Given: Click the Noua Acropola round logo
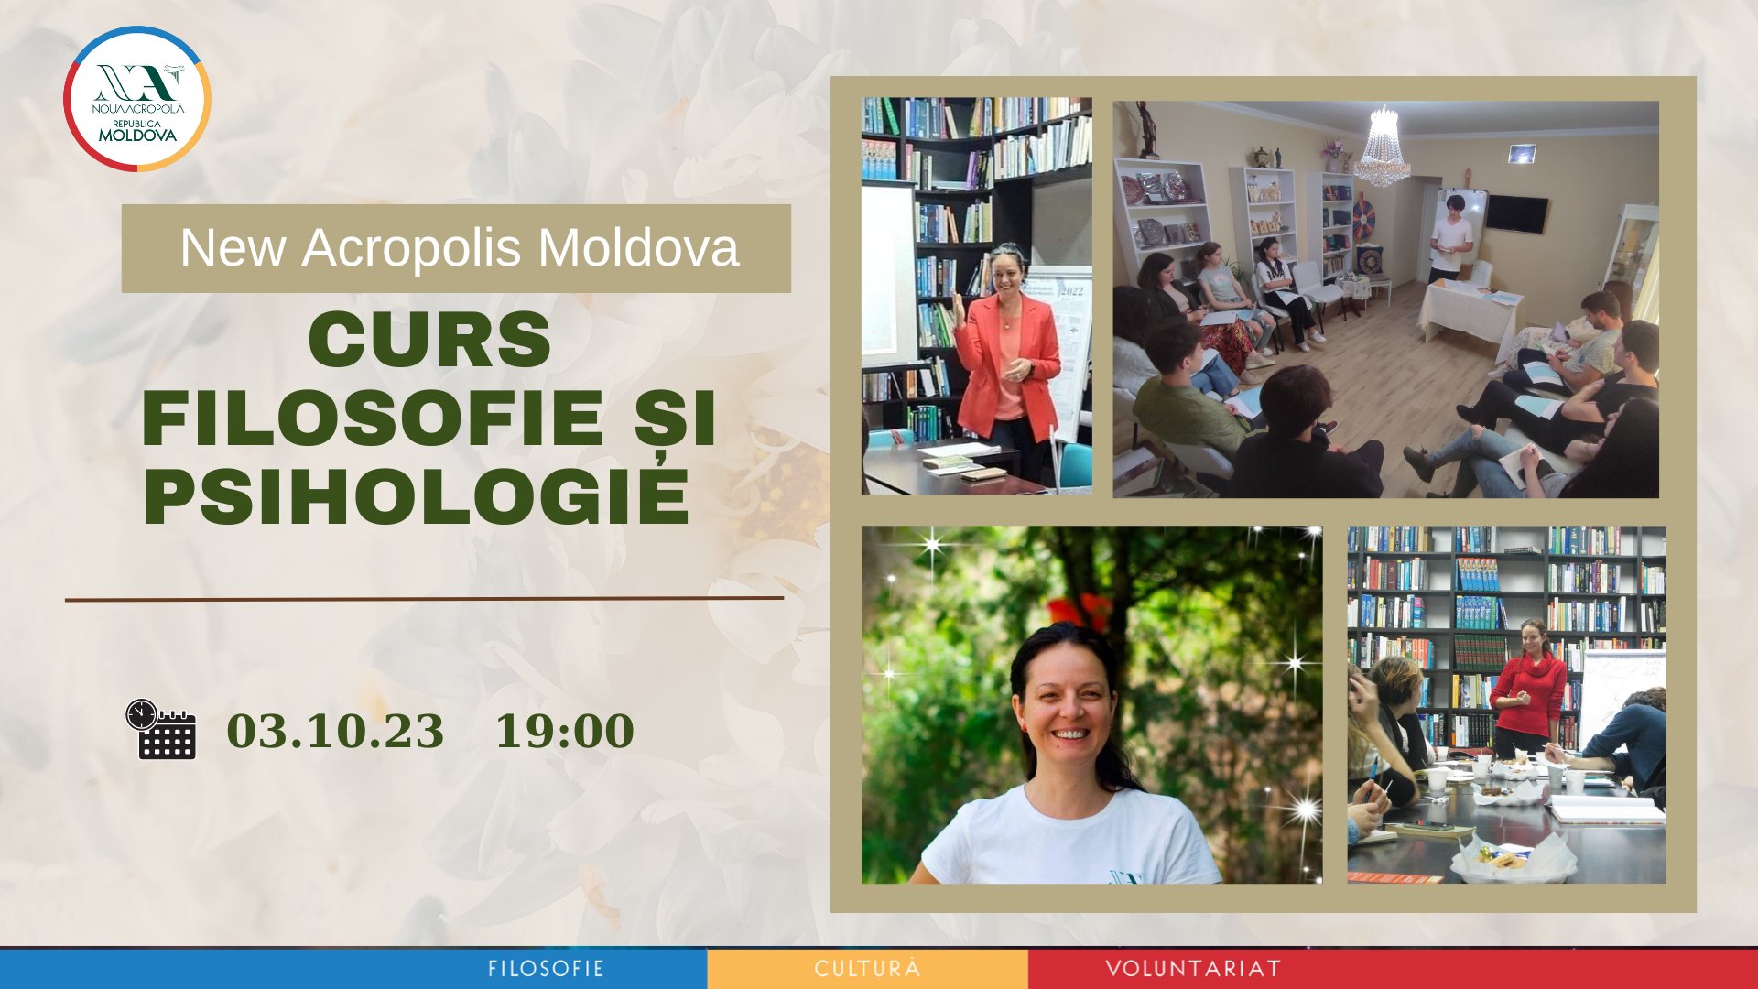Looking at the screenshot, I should coord(137,99).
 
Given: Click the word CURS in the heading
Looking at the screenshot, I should coord(429,340).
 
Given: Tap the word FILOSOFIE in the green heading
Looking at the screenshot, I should coord(372,418).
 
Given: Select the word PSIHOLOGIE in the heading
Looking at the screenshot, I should coord(417,497).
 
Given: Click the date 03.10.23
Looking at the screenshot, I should coord(335,731).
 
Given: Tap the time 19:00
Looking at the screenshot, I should coord(564,731).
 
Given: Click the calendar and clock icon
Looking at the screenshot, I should coord(161,730).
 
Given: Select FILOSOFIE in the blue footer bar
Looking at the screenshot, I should coord(546,969).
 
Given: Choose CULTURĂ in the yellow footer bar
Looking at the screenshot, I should coord(867,969).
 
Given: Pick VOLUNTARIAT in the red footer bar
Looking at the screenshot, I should coord(1193,969).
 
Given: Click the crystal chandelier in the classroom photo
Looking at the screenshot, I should coord(1383,147).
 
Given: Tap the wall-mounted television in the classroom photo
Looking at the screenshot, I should coord(1516,214).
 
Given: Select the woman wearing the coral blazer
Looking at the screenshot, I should coord(1007,357).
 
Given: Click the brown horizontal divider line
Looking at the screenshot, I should coord(424,599).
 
